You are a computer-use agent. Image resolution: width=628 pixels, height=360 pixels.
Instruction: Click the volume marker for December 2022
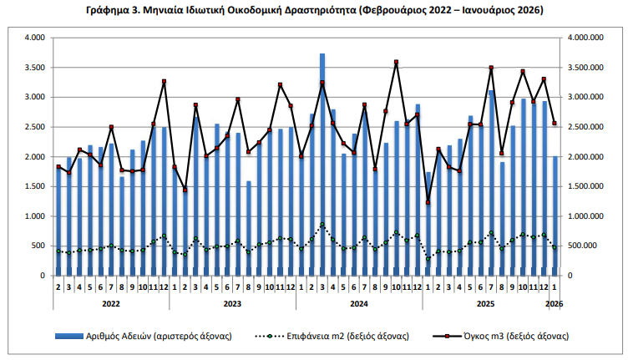point(164,82)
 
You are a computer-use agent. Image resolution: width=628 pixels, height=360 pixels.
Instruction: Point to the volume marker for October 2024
point(397,62)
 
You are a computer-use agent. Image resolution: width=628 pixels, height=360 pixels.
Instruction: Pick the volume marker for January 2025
point(428,202)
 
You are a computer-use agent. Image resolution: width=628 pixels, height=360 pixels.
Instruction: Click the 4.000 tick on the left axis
point(34,38)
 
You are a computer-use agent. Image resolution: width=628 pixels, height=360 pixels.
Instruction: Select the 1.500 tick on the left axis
point(34,186)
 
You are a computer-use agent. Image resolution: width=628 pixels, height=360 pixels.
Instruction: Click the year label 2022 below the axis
point(111,304)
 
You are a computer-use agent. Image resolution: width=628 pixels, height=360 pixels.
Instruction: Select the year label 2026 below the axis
point(554,304)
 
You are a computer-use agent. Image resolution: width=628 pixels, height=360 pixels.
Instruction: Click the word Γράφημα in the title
point(110,10)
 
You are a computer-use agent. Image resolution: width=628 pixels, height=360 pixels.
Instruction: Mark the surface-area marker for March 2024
point(322,224)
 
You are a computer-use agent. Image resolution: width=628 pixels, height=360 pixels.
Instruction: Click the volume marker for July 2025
point(492,68)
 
